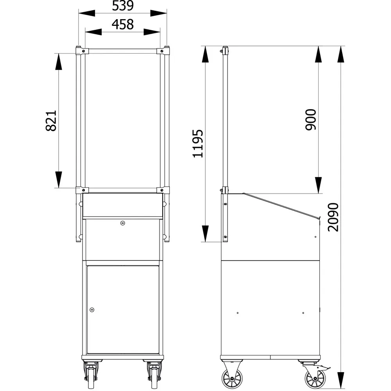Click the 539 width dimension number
[x=123, y=5]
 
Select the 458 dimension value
[x=123, y=24]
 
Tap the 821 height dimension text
[x=51, y=121]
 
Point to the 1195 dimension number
[x=198, y=143]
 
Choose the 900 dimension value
[x=311, y=119]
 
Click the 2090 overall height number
[x=333, y=217]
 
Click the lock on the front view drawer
[x=122, y=223]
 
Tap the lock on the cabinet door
[x=92, y=310]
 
